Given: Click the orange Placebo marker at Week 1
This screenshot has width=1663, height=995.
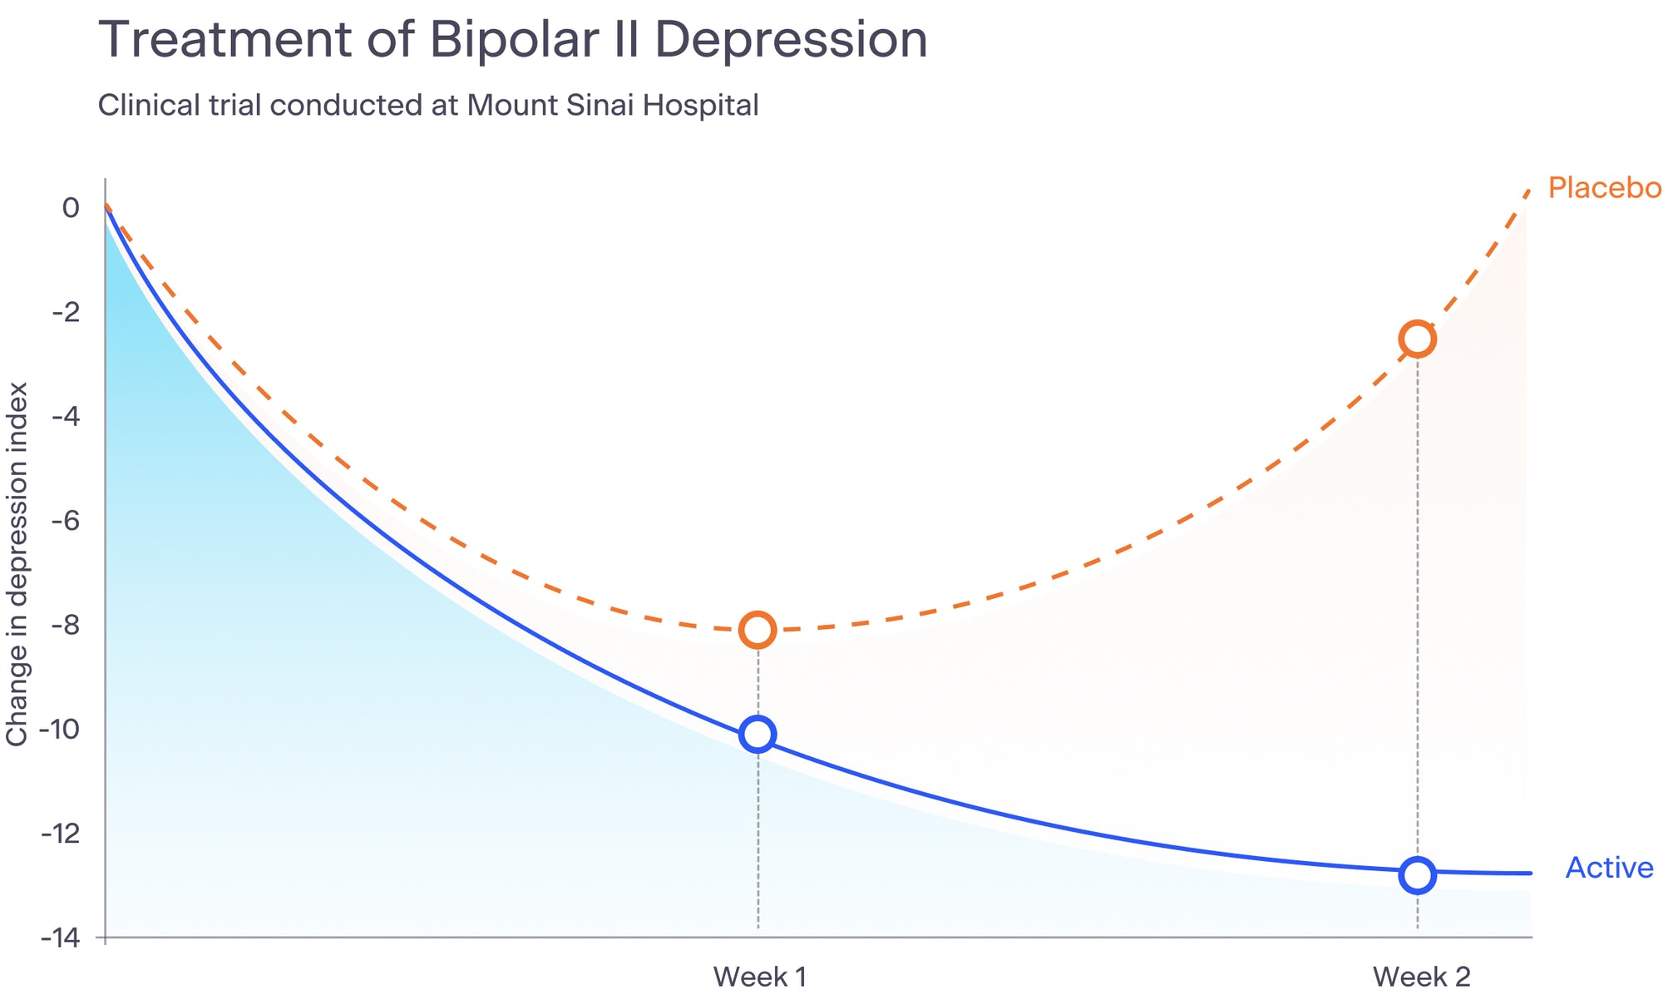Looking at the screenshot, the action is tap(757, 630).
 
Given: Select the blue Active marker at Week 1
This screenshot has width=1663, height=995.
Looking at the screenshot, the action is tap(757, 734).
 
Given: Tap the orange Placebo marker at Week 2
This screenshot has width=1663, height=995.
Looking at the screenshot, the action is tap(1417, 339).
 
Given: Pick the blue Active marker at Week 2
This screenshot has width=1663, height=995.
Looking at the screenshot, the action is tap(1417, 875).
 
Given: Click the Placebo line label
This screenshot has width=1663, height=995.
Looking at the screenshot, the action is tap(1604, 188).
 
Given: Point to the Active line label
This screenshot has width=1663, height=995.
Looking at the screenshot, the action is tap(1609, 868).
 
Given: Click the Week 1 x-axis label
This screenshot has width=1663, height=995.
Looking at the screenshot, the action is tap(760, 976).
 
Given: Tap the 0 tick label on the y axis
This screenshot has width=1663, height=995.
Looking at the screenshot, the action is tap(72, 207).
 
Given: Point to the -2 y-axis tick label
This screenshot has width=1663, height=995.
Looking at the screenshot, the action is tap(66, 312).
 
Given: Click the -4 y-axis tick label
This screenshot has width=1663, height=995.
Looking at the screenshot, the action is tap(66, 416).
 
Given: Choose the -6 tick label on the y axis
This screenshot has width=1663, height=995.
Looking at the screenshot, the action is tap(66, 521).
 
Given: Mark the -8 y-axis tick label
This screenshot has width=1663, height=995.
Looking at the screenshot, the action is tap(66, 625).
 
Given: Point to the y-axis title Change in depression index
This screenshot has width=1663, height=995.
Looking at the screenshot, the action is tap(17, 564).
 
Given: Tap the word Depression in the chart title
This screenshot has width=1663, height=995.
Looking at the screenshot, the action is tap(791, 40).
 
